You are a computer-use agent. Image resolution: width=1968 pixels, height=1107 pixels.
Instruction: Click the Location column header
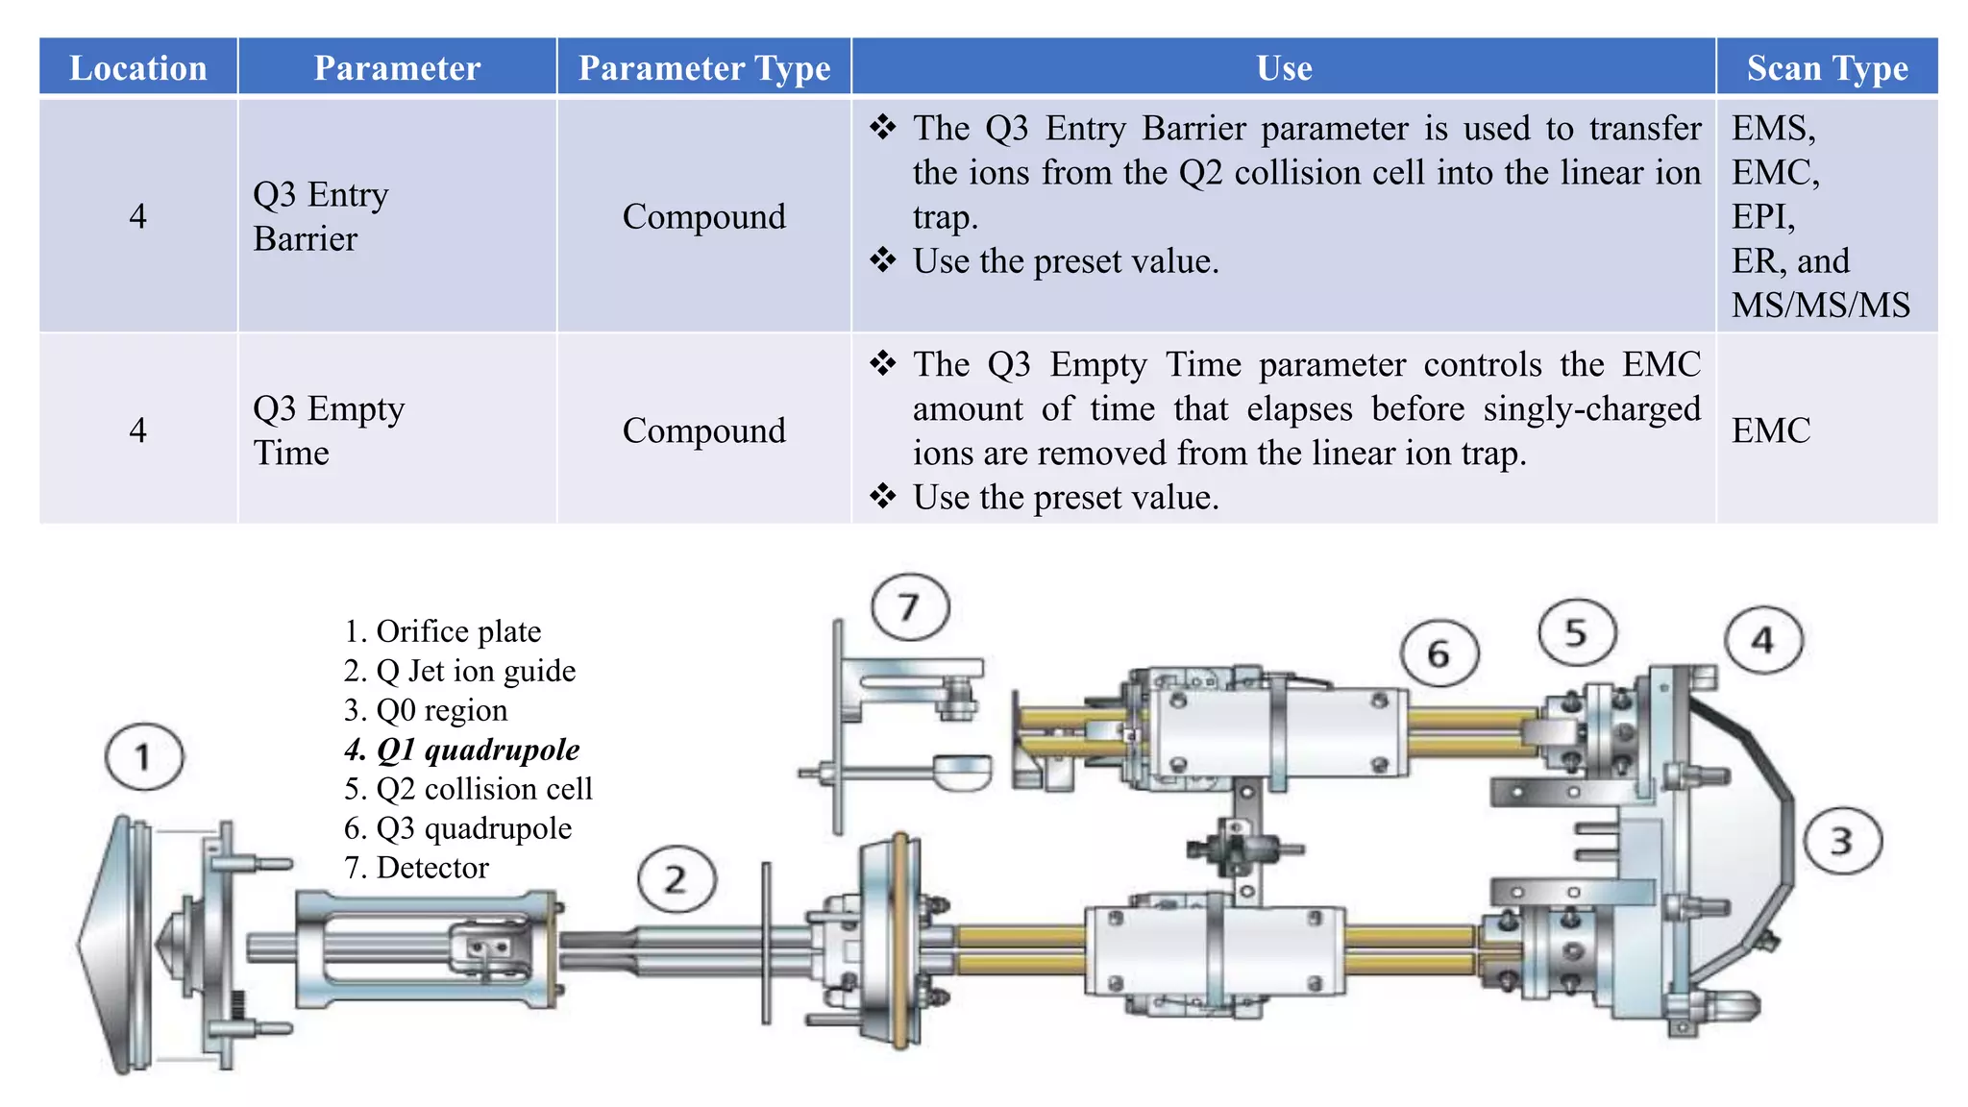click(x=138, y=68)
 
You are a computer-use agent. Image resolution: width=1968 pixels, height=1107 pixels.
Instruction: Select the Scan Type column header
click(x=1827, y=68)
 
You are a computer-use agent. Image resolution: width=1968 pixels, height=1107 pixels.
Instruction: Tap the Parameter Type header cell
click(x=704, y=68)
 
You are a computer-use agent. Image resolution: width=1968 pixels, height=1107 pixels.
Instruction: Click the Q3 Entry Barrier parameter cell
click(x=320, y=216)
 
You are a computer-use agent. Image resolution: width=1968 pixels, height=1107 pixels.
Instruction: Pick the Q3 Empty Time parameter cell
click(x=328, y=430)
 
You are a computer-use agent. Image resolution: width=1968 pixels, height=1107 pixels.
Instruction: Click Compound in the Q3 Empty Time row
click(x=704, y=430)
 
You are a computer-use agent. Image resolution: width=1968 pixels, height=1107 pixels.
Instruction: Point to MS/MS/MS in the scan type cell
click(x=1820, y=305)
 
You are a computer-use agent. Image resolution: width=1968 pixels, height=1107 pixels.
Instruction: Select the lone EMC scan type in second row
click(x=1771, y=430)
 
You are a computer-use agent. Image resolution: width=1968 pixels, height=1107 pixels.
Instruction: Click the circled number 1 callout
click(x=144, y=757)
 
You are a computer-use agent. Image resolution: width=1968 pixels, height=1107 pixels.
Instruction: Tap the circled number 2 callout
click(x=676, y=879)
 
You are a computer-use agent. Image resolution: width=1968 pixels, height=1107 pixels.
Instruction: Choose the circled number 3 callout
click(x=1842, y=842)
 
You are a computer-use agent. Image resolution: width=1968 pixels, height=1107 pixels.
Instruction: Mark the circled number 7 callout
click(x=910, y=607)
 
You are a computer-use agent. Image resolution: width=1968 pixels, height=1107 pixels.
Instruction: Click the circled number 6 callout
click(x=1439, y=654)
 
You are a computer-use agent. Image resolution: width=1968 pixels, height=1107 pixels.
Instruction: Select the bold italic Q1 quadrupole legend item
click(x=462, y=750)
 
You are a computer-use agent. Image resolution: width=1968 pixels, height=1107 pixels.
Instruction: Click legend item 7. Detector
click(x=416, y=868)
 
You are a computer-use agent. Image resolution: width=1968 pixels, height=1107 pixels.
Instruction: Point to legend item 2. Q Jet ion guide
click(x=459, y=671)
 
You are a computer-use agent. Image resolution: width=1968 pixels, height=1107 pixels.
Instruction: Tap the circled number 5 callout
click(x=1576, y=633)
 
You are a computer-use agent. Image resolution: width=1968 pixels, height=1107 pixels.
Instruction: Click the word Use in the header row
click(x=1284, y=68)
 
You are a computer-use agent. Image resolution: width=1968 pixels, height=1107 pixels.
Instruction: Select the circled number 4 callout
click(x=1762, y=640)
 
